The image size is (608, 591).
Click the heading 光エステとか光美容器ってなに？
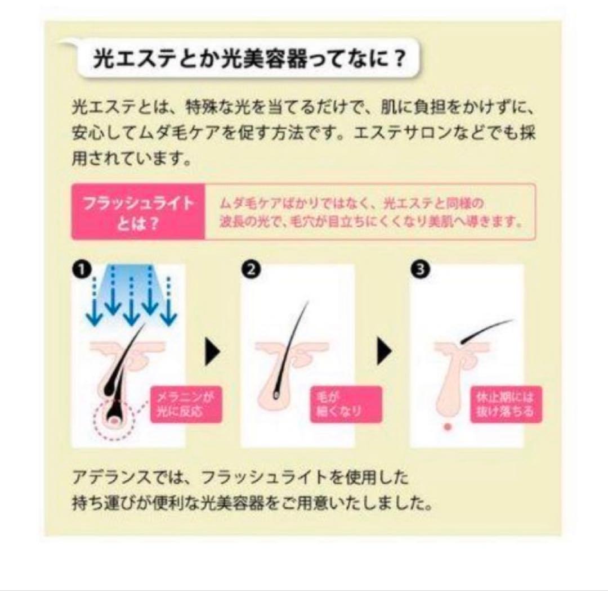coord(248,59)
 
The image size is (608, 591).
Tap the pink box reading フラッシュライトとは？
coord(138,212)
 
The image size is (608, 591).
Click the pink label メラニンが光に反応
coord(186,403)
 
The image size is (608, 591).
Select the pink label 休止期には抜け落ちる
coord(506,403)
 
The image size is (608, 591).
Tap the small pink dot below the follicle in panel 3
coord(448,427)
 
